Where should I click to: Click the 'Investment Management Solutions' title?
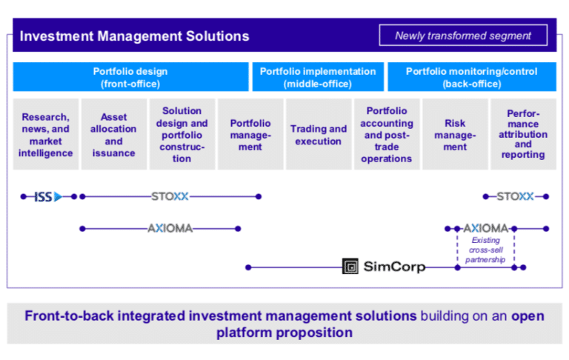coord(134,36)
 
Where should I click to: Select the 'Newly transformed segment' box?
coord(463,36)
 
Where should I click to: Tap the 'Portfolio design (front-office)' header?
coord(130,77)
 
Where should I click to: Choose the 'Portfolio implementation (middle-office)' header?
coord(318,77)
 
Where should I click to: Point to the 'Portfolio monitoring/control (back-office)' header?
coord(472,77)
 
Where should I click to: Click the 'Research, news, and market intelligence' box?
coord(46,134)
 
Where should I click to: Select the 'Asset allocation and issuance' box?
coord(114,134)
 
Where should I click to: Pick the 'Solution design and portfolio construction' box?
coord(182,134)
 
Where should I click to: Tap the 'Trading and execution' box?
coord(319,134)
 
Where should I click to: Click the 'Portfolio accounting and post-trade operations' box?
coord(387,134)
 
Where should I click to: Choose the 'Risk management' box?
coord(455,134)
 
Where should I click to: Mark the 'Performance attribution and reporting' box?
coord(523,134)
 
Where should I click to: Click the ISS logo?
coord(48,197)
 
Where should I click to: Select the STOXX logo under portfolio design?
coord(170,196)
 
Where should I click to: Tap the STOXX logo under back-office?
coord(516,196)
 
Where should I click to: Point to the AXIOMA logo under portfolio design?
coord(170,228)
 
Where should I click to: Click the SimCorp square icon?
coord(350,267)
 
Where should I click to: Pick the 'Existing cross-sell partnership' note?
coord(485,250)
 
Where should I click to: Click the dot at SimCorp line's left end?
coord(248,267)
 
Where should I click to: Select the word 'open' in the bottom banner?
coord(528,316)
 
